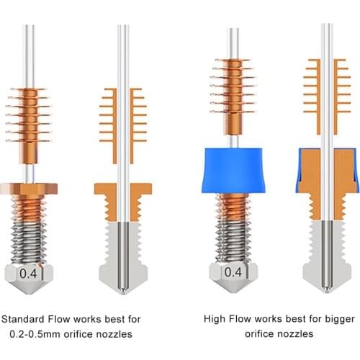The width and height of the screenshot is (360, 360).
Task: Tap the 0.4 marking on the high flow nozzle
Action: coord(233,272)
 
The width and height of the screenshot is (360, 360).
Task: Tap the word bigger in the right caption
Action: coord(320,319)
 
